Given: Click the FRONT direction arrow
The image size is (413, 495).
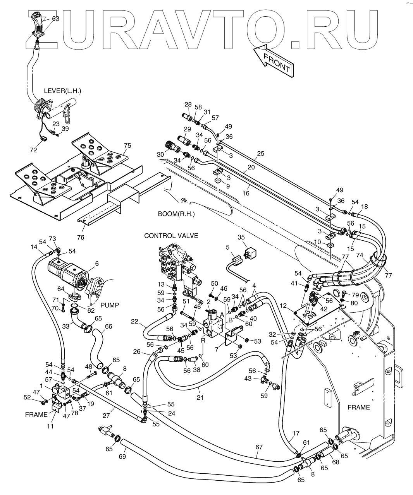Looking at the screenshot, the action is tap(274, 60).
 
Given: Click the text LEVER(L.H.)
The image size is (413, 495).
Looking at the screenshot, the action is tap(62, 91).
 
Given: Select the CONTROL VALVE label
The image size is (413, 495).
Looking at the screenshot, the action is tap(171, 236).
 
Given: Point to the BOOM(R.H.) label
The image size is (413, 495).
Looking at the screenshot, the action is tap(176, 214).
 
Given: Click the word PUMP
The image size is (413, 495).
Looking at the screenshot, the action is tap(110, 305).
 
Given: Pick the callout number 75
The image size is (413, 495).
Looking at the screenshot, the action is tap(128, 146).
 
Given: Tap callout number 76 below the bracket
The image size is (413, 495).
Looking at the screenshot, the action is tap(81, 237).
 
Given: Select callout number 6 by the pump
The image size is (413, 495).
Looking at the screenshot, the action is tap(97, 264).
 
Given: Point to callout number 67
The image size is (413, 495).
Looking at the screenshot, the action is tap(259, 447).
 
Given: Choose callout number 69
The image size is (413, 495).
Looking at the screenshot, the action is tap(122, 456).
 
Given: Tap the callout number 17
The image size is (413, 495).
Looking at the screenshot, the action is tap(296, 433).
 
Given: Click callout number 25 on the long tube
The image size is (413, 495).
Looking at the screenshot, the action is tap(261, 153).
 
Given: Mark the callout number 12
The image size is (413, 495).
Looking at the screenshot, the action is tap(283, 306).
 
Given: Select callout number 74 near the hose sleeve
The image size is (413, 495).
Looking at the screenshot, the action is tap(360, 255).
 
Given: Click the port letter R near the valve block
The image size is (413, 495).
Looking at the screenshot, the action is tap(203, 341).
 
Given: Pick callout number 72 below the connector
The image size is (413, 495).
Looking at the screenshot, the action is tap(33, 150).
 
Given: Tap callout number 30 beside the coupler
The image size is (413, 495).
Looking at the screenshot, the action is tap(160, 154).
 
